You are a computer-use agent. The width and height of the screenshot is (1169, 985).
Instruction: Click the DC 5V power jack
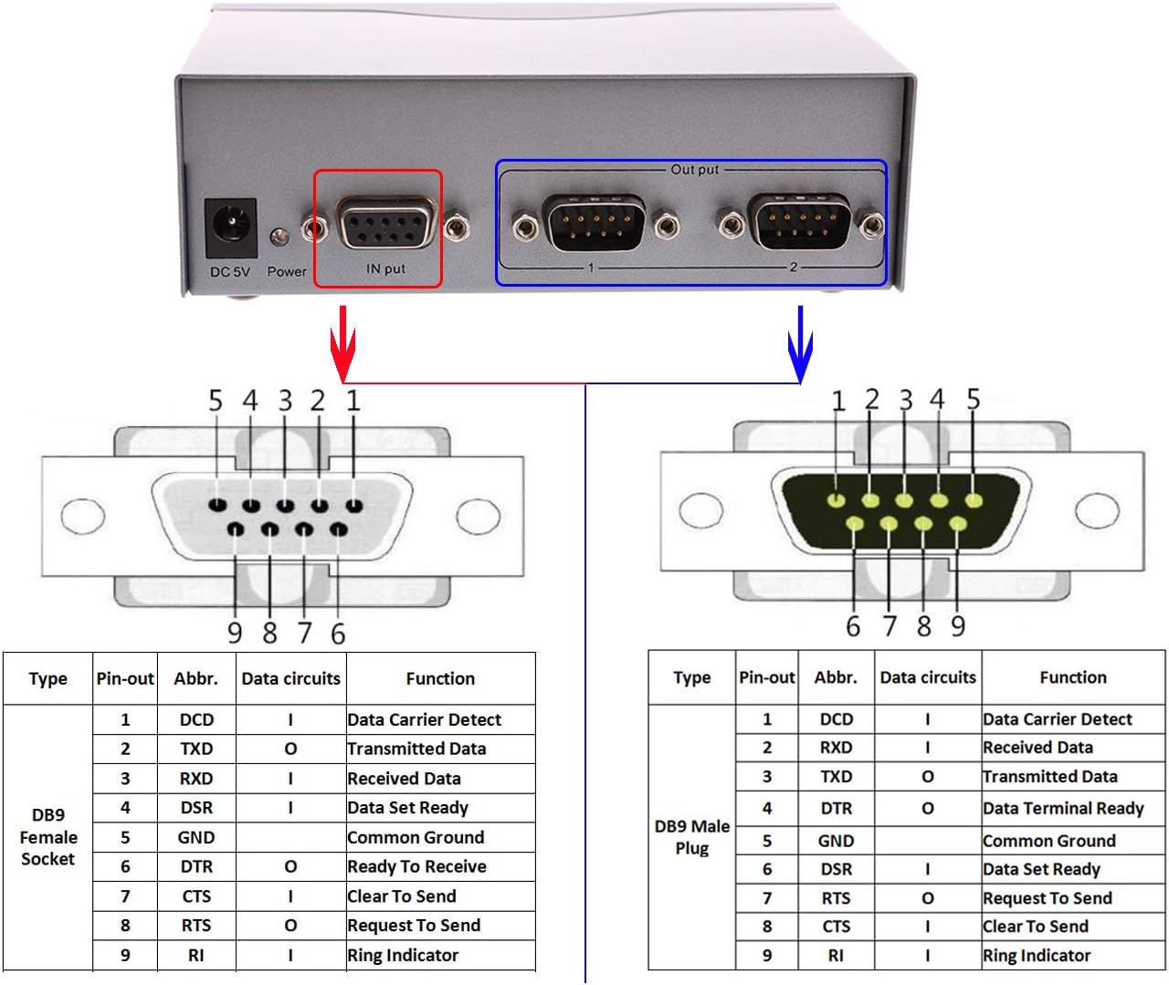pos(229,227)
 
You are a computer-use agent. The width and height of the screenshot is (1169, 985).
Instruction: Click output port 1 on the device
pos(595,222)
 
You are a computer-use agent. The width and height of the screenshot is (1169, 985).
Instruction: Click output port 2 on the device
pos(801,221)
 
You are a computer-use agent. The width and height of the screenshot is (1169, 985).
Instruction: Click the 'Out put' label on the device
pos(694,169)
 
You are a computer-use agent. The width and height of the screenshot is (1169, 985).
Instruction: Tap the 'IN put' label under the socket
pos(385,268)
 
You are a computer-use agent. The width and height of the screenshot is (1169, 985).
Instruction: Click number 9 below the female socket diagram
pos(235,633)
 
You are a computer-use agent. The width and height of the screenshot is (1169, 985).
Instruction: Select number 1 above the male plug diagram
pos(837,401)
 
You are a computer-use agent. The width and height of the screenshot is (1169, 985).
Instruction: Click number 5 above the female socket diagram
pos(216,401)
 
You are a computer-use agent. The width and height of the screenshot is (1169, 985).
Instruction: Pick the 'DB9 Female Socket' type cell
pos(48,837)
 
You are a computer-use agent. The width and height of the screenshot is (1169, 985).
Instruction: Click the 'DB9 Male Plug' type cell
pos(691,837)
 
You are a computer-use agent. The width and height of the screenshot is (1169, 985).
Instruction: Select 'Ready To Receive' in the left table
pos(416,866)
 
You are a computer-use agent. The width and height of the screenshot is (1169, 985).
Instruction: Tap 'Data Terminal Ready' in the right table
pos(1063,808)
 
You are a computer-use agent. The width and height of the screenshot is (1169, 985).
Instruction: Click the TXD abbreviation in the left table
pos(196,749)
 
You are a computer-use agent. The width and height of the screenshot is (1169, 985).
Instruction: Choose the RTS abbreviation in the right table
pos(836,898)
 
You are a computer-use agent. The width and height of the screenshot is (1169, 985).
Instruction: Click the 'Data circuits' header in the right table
pos(927,677)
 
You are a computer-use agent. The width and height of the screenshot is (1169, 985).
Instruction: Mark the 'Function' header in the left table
pos(440,678)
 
